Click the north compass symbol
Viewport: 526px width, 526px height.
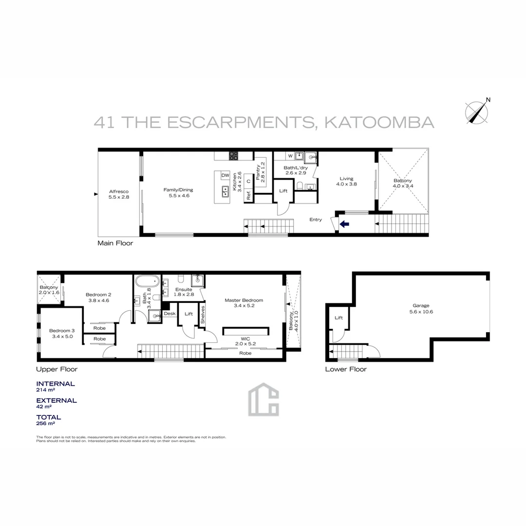(477, 112)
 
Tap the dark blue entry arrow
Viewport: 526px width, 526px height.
(344, 224)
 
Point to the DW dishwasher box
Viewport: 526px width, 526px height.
(225, 175)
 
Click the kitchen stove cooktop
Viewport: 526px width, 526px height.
(234, 156)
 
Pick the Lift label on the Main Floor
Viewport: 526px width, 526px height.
(283, 190)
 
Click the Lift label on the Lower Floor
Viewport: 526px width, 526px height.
(339, 318)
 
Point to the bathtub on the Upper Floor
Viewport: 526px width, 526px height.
(147, 282)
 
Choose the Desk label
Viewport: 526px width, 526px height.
(169, 314)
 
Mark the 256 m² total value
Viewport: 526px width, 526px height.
(45, 424)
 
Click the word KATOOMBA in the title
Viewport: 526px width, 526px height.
(378, 122)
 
